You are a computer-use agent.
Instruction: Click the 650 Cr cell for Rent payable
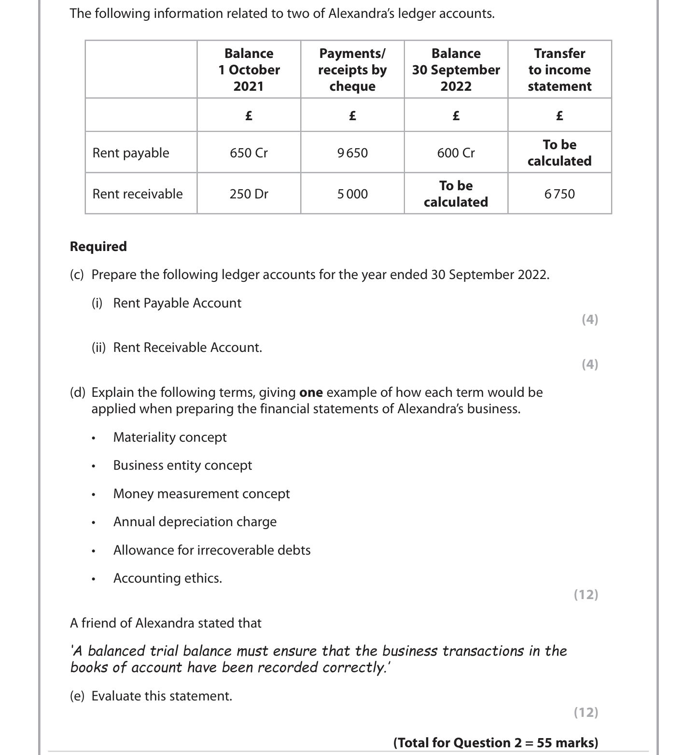(249, 153)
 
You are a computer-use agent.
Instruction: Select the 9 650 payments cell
(352, 153)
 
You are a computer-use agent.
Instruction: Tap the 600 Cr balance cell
(456, 153)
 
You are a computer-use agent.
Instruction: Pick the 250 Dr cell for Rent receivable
(249, 194)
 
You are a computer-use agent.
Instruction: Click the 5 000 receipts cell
(352, 194)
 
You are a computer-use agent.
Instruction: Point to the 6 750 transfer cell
(559, 194)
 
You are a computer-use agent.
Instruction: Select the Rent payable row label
(131, 153)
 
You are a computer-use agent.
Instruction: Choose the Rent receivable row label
(138, 194)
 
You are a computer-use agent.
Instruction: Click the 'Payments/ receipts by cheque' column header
(352, 70)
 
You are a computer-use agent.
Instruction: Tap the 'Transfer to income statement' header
(559, 70)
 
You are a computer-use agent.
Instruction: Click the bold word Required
(98, 247)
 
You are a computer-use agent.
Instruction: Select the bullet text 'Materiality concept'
(170, 437)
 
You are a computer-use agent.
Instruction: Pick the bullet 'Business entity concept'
(182, 465)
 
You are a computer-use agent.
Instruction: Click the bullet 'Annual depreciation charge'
(195, 522)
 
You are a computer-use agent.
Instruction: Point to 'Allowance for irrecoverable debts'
(212, 550)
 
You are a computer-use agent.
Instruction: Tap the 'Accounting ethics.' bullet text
(167, 578)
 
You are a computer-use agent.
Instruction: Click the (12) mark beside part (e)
(586, 713)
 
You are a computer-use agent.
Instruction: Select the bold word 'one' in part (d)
(311, 392)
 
